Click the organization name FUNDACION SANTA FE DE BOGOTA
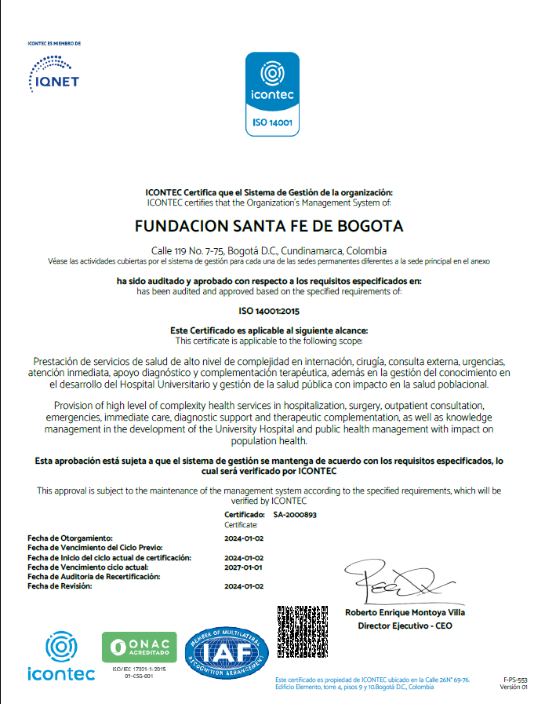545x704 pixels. point(269,227)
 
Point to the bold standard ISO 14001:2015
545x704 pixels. point(272,311)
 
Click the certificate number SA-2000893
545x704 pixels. point(295,515)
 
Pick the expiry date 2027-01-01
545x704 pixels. point(243,567)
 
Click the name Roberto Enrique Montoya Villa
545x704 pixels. point(405,612)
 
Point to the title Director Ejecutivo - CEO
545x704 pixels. point(405,626)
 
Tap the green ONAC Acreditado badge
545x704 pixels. point(140,647)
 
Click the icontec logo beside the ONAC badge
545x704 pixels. point(60,656)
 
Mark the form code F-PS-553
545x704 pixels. point(515,680)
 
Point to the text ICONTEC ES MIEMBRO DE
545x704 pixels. point(54,44)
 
